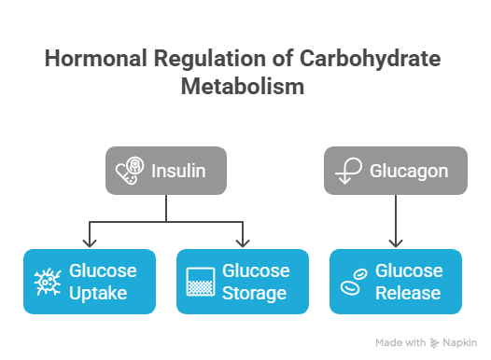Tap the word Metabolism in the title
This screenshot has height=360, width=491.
[x=243, y=88]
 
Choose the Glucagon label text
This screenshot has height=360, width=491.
[x=409, y=171]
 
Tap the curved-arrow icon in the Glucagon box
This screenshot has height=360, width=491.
[x=346, y=172]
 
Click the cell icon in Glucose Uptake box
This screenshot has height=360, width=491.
[x=47, y=282]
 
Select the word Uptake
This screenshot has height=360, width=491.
[x=98, y=293]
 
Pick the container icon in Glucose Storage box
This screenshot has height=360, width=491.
[x=199, y=282]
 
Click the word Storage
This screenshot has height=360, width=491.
[x=254, y=293]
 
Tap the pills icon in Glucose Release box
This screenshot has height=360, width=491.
[x=353, y=282]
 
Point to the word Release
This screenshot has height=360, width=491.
[x=407, y=293]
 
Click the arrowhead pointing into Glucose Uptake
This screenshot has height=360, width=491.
[x=89, y=243]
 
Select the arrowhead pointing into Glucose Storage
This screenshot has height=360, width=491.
[x=243, y=243]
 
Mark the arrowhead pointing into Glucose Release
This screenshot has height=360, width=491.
[x=396, y=243]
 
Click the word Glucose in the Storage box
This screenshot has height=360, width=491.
[x=255, y=271]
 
